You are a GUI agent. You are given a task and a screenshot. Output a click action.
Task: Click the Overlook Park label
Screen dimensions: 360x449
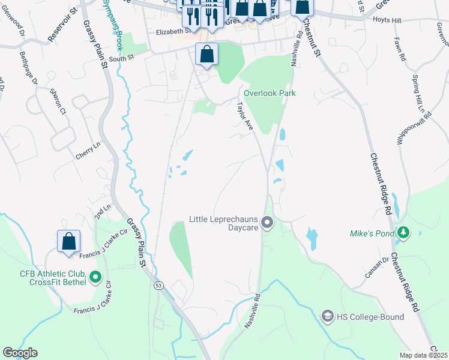point(270,94)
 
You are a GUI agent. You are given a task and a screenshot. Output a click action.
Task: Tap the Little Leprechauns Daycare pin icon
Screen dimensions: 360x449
point(268,224)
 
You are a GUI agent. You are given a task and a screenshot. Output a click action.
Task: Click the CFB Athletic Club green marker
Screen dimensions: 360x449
point(95,277)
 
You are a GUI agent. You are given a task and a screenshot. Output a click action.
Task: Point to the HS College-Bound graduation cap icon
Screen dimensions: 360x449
point(327,316)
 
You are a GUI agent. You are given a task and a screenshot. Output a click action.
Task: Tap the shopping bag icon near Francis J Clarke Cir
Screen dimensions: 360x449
point(69,241)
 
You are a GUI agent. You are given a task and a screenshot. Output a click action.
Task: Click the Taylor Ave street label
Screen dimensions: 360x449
point(244,115)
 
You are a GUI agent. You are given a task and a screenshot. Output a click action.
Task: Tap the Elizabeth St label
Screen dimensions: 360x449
point(172,32)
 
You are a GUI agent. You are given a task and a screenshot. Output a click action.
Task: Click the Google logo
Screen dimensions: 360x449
point(20,353)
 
